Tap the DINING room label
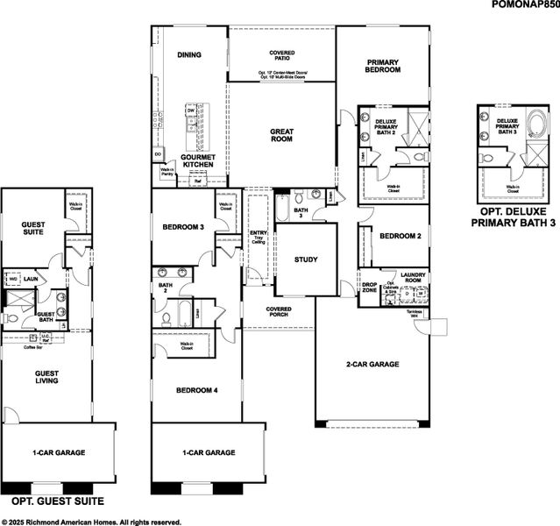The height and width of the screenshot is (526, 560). point(189,55)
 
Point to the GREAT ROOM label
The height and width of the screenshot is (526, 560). point(281,134)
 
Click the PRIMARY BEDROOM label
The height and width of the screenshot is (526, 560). point(383,66)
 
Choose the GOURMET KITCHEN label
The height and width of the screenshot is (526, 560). point(198,160)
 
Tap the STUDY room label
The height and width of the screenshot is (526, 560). point(306,259)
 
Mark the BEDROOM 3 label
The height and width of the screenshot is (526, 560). point(183,228)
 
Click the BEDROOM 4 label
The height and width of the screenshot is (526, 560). point(196,390)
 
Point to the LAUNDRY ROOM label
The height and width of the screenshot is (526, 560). point(412,278)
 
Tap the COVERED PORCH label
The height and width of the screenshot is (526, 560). point(279,312)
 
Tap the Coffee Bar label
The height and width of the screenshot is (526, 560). point(35,347)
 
